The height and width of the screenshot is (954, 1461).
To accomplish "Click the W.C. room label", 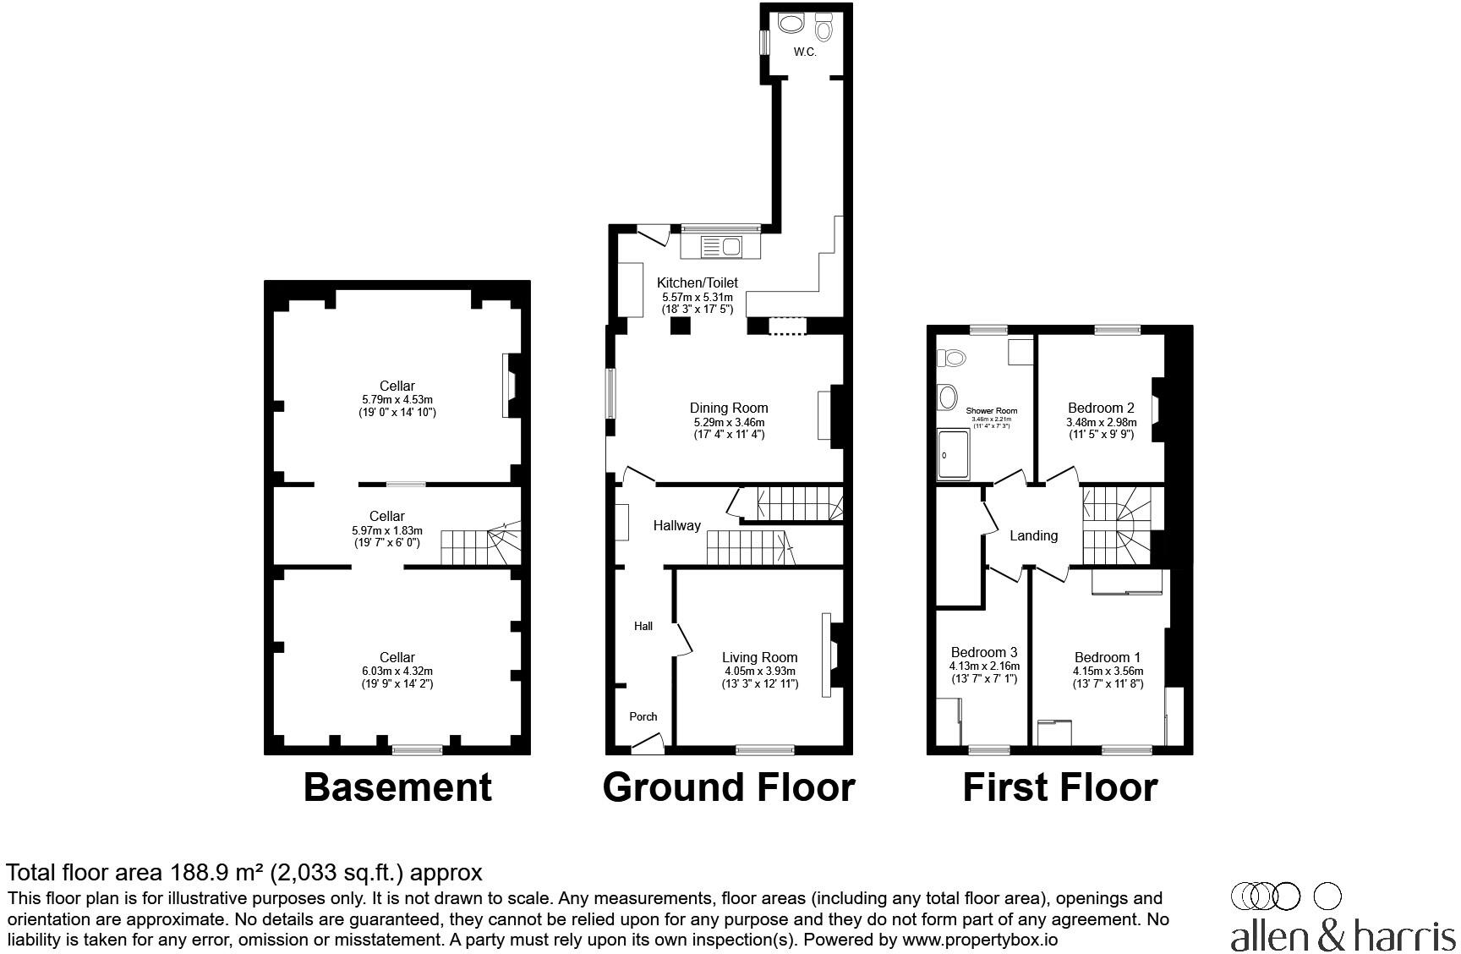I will (804, 52).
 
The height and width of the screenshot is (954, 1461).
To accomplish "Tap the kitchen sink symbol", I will (721, 247).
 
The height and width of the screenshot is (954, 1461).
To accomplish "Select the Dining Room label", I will (728, 408).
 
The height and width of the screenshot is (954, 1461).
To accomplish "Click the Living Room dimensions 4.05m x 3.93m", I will (759, 672).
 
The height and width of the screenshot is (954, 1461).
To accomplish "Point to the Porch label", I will (643, 716).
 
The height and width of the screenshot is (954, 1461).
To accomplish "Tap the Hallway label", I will (676, 525).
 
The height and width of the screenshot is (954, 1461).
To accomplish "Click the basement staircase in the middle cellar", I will (478, 546).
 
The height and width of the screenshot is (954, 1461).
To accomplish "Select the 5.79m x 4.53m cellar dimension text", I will (397, 399).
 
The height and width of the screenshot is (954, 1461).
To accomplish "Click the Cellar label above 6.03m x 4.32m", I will (397, 657).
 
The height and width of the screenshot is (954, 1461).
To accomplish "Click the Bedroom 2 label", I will (1101, 408).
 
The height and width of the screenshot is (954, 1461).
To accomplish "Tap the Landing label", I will (1033, 535).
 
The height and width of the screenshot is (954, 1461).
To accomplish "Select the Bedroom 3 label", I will (983, 652).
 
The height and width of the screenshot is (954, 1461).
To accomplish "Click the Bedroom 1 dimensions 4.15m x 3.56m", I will (1108, 672).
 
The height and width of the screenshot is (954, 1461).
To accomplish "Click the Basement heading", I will (397, 787).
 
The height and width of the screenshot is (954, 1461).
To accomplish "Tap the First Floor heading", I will (1059, 787).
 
